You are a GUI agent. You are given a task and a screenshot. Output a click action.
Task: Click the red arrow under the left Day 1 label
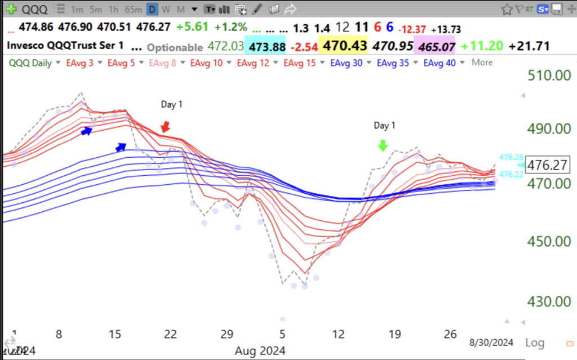(x=165, y=127)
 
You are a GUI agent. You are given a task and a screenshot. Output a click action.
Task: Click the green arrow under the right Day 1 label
(x=383, y=145)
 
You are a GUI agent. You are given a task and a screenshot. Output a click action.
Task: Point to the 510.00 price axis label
(x=546, y=75)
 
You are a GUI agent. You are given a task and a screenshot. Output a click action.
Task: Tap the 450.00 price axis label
(x=546, y=242)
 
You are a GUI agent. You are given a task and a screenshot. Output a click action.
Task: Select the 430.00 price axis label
(x=546, y=301)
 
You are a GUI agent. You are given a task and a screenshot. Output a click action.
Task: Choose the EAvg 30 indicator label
(x=347, y=63)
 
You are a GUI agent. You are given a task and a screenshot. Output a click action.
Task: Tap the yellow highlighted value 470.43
(x=343, y=46)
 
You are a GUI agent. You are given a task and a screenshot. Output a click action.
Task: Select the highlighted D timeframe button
(x=152, y=9)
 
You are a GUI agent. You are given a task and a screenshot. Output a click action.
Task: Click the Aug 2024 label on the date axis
(x=260, y=350)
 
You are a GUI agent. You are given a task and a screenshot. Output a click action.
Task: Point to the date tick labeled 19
(x=395, y=335)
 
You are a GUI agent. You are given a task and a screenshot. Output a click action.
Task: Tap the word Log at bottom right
(x=535, y=343)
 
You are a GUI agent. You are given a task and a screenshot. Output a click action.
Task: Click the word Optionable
(x=174, y=47)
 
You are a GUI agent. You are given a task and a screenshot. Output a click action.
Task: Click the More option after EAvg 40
(x=482, y=63)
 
